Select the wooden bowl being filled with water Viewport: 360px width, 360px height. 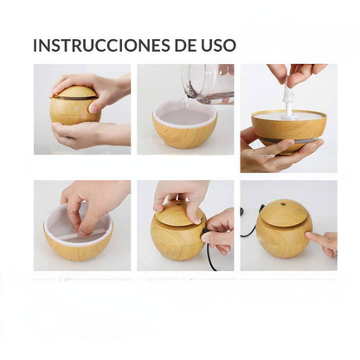pos(184,127)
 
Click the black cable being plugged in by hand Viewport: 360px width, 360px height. pos(210,255)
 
